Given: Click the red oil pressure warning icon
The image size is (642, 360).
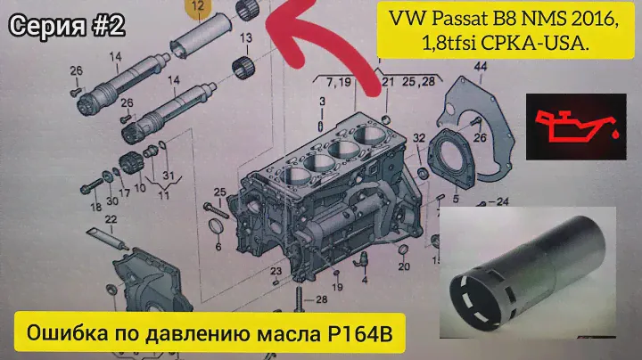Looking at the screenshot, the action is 577,127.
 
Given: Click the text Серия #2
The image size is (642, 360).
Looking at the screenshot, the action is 67,26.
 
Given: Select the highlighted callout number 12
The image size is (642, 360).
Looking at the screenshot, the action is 198,6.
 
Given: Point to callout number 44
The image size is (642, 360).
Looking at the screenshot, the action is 480,66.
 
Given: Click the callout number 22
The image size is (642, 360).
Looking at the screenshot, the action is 111,220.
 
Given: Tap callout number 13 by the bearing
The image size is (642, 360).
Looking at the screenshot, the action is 246,38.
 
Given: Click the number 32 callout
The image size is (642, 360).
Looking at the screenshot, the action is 418,138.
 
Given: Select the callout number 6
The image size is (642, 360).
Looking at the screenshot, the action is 218,247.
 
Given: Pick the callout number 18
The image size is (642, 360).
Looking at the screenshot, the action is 95,207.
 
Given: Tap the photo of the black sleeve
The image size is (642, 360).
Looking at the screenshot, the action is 528,273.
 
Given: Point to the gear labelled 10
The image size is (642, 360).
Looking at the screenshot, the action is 131,163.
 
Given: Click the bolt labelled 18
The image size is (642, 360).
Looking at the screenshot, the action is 92,186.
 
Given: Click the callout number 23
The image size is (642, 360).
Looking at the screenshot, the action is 276,271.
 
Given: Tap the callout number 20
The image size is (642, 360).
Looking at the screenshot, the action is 404,266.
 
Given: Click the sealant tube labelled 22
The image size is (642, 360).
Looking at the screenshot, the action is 108,239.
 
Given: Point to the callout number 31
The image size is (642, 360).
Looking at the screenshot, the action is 169,175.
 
